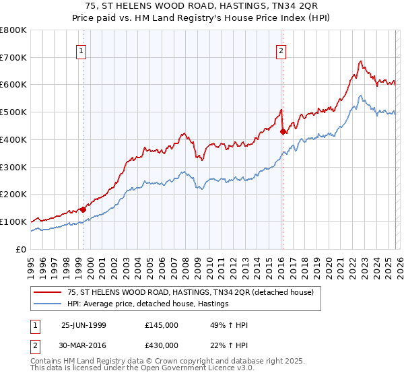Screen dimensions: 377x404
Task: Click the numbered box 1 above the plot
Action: coord(81,49)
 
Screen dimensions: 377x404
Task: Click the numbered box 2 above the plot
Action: coord(281,49)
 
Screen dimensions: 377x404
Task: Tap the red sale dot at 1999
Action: coord(83,209)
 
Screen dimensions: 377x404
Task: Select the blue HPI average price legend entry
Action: coord(148,304)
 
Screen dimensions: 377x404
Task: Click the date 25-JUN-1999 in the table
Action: coord(84,325)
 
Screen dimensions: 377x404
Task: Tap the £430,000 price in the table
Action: coord(162,344)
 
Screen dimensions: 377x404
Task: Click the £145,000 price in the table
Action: coord(162,325)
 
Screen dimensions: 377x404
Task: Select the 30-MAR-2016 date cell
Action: coord(84,344)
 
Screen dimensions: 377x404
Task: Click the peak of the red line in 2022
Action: coord(361,62)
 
